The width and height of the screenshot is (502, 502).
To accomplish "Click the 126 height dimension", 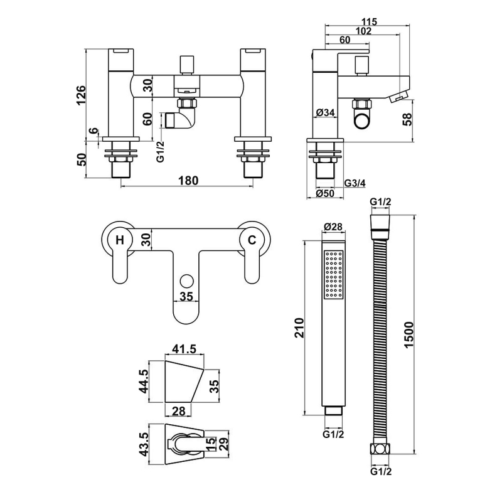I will point(80,95).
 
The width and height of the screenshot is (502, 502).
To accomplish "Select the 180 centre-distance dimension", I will point(188,181).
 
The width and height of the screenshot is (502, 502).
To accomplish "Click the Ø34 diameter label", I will point(326,113).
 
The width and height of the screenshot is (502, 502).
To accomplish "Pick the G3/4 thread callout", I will point(356,183).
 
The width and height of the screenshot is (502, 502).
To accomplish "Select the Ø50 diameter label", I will point(326,194).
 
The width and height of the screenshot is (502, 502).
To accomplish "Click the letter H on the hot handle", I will point(119,238).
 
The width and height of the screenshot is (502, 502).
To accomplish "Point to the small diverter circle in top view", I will point(186,280).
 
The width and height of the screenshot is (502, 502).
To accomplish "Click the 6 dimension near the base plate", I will point(93,132).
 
